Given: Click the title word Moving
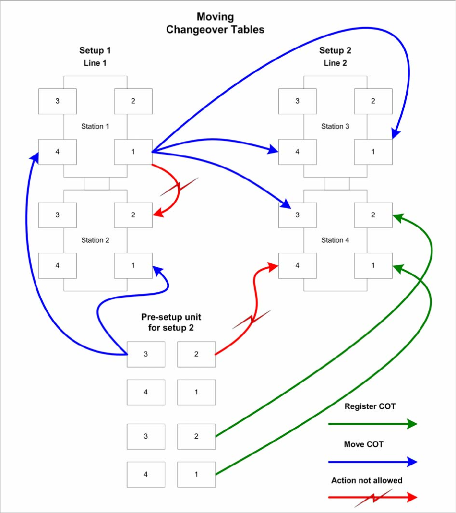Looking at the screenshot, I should pyautogui.click(x=215, y=17).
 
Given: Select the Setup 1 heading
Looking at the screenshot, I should pyautogui.click(x=95, y=51).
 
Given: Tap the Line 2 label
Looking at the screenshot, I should pyautogui.click(x=335, y=63).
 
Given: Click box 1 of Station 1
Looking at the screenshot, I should pyautogui.click(x=133, y=151).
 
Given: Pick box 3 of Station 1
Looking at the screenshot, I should pyautogui.click(x=58, y=101).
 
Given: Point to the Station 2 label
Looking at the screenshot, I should pyautogui.click(x=95, y=240).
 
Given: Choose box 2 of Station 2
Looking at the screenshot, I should pyautogui.click(x=133, y=215).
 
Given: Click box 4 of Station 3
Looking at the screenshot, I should pyautogui.click(x=297, y=151).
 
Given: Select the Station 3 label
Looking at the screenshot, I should pyautogui.click(x=335, y=126).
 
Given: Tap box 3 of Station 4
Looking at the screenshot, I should pyautogui.click(x=297, y=215).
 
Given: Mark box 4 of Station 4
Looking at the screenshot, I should pyautogui.click(x=297, y=265).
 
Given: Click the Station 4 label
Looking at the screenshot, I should pyautogui.click(x=335, y=240).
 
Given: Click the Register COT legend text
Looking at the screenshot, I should pyautogui.click(x=370, y=406).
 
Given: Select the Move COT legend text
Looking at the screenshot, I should pyautogui.click(x=364, y=444).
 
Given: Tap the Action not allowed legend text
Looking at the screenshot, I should pyautogui.click(x=367, y=480).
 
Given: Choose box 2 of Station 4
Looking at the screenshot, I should pyautogui.click(x=373, y=215).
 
